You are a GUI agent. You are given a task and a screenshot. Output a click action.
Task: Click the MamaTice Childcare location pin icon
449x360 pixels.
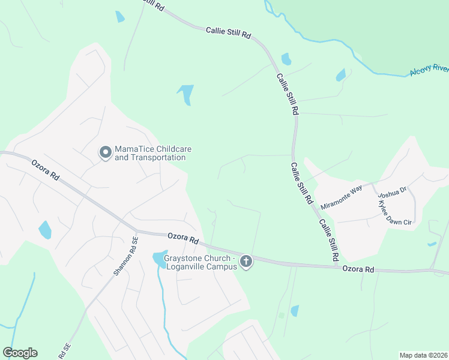105,153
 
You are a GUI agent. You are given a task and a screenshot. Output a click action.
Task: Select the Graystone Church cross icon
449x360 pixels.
246,262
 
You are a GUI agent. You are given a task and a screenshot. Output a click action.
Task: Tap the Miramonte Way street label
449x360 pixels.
342,197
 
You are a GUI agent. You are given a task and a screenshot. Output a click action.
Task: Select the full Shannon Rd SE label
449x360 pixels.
125,255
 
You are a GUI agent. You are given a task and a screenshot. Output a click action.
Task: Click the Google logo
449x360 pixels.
20,353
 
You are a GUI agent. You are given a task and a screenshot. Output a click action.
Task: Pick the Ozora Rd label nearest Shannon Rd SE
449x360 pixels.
182,238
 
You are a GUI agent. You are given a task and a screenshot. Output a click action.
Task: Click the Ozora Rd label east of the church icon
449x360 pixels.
358,270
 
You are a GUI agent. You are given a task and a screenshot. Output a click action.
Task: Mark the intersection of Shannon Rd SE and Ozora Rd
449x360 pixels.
136,231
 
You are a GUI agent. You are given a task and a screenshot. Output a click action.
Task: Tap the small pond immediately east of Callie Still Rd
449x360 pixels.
286,59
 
